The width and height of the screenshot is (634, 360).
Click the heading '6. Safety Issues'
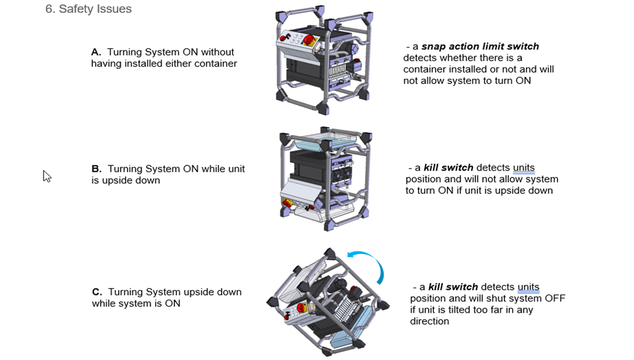click(x=88, y=9)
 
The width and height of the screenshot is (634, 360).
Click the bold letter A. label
click(x=96, y=52)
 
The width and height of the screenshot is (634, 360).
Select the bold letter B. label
click(x=97, y=169)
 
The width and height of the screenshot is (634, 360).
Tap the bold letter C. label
click(x=97, y=292)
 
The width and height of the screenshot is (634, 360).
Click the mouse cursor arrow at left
click(x=47, y=176)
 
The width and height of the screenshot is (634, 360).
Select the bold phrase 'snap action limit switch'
click(x=480, y=47)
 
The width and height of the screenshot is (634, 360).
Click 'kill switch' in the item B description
click(x=448, y=168)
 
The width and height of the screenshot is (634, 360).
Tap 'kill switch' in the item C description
click(x=453, y=287)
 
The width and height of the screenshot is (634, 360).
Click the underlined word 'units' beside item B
click(x=523, y=168)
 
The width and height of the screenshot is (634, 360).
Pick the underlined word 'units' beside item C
click(x=528, y=287)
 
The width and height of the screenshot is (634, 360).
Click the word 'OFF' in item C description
click(x=554, y=299)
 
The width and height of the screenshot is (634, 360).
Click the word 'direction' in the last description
click(x=429, y=321)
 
